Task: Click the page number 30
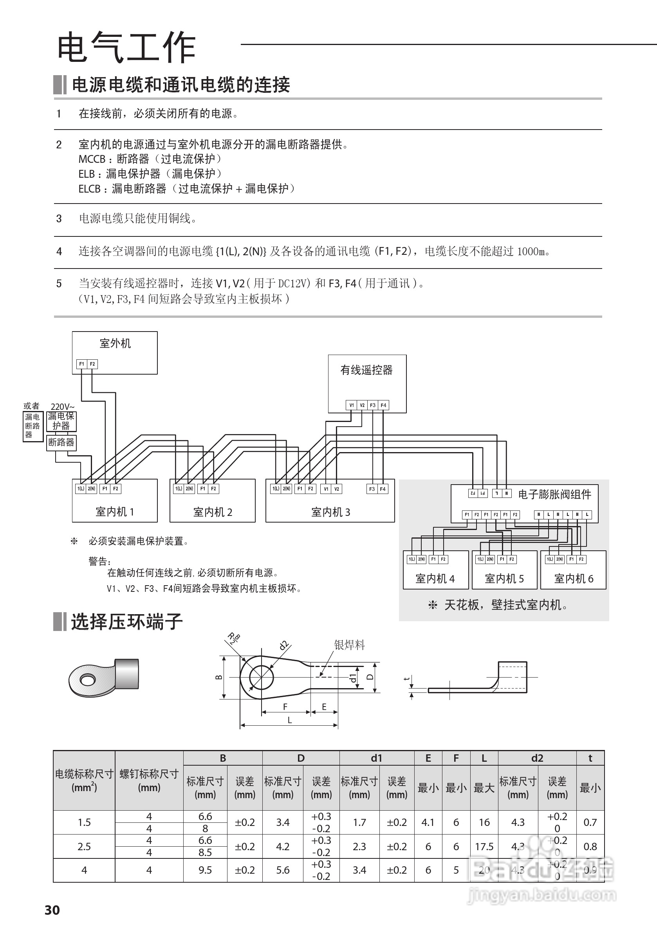(52, 910)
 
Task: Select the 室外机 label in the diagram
(115, 343)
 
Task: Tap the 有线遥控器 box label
(366, 370)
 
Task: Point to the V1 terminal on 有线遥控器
(352, 405)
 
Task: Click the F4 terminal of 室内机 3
(383, 489)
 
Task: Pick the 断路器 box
(61, 442)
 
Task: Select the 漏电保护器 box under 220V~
(61, 421)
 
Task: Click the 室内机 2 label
(212, 512)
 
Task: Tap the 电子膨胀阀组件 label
(554, 494)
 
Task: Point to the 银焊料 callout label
(349, 645)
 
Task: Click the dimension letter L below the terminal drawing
(289, 720)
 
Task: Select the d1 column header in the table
(376, 758)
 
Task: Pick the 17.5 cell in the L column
(484, 846)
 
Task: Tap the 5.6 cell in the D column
(283, 870)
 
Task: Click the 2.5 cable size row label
(84, 846)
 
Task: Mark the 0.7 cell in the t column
(590, 822)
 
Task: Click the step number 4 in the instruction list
(59, 252)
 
